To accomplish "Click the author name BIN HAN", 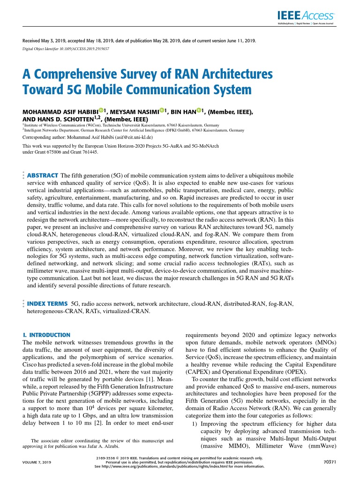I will (x=182, y=112).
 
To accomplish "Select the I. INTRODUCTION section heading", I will (x=46, y=335).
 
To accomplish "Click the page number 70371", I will (x=330, y=462).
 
